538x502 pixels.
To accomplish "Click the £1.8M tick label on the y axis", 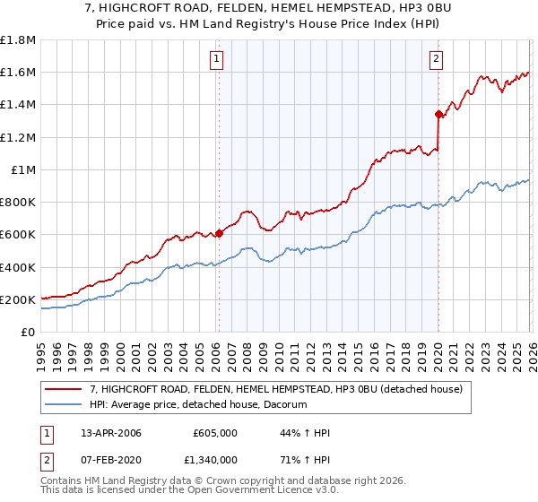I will pyautogui.click(x=19, y=40).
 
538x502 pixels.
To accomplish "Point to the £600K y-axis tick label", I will pyautogui.click(x=19, y=235).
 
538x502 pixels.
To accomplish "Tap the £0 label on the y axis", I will pyautogui.click(x=29, y=333).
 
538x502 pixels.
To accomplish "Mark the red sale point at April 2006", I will pyautogui.click(x=219, y=234).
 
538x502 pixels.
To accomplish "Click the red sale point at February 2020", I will pyautogui.click(x=438, y=114).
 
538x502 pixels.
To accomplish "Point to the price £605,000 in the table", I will pyautogui.click(x=215, y=434).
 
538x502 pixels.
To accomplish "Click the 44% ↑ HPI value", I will pyautogui.click(x=305, y=434).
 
